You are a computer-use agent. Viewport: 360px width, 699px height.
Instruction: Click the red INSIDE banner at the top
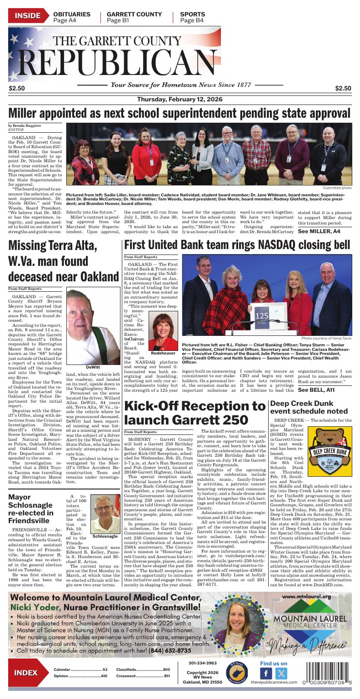27,16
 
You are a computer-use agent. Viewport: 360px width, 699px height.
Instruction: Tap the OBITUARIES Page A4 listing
71,17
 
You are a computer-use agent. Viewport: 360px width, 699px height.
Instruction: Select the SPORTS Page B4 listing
192,17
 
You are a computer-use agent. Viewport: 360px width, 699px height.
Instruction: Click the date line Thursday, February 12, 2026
180,100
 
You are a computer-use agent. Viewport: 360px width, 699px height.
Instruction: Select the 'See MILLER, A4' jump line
319,231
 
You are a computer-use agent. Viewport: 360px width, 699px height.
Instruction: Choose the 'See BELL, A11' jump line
316,390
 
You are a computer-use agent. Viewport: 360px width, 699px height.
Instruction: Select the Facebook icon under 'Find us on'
266,674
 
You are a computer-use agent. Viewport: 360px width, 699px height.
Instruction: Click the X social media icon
281,674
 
